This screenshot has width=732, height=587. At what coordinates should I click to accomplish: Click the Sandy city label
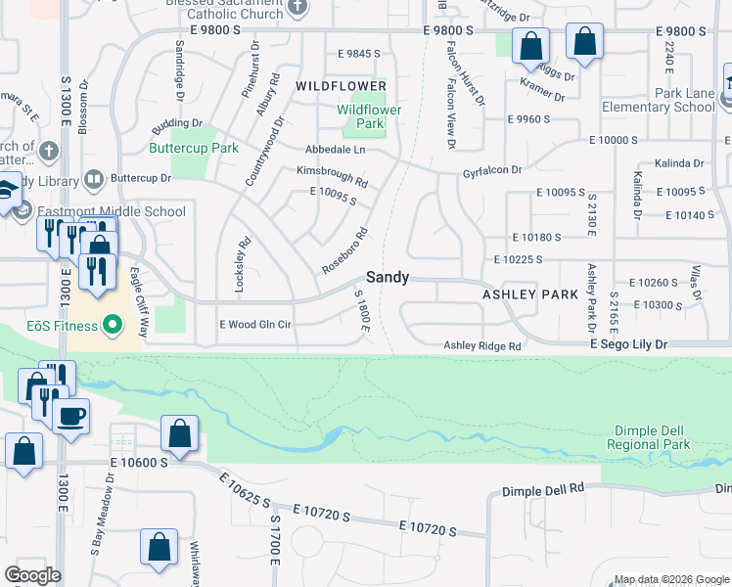pos(388,277)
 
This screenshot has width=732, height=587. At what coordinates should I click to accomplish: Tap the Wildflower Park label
pos(369,117)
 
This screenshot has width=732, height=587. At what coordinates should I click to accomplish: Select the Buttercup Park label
pos(194,149)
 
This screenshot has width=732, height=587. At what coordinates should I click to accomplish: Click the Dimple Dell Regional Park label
pos(653,437)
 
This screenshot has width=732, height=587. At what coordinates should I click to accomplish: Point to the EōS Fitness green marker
pos(113,323)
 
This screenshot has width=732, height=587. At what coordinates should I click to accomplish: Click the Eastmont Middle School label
pos(111,211)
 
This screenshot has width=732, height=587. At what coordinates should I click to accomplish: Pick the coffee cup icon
pos(70,417)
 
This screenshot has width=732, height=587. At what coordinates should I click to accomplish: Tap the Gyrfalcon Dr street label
pos(492,170)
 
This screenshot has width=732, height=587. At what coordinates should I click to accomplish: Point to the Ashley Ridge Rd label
pos(482,345)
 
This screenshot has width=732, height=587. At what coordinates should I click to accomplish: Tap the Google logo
pos(32,575)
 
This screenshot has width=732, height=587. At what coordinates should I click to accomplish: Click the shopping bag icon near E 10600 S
pos(180,433)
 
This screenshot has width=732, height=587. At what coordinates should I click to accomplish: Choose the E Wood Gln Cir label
pos(255,324)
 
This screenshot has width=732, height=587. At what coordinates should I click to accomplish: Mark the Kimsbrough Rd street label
pos(332,176)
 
